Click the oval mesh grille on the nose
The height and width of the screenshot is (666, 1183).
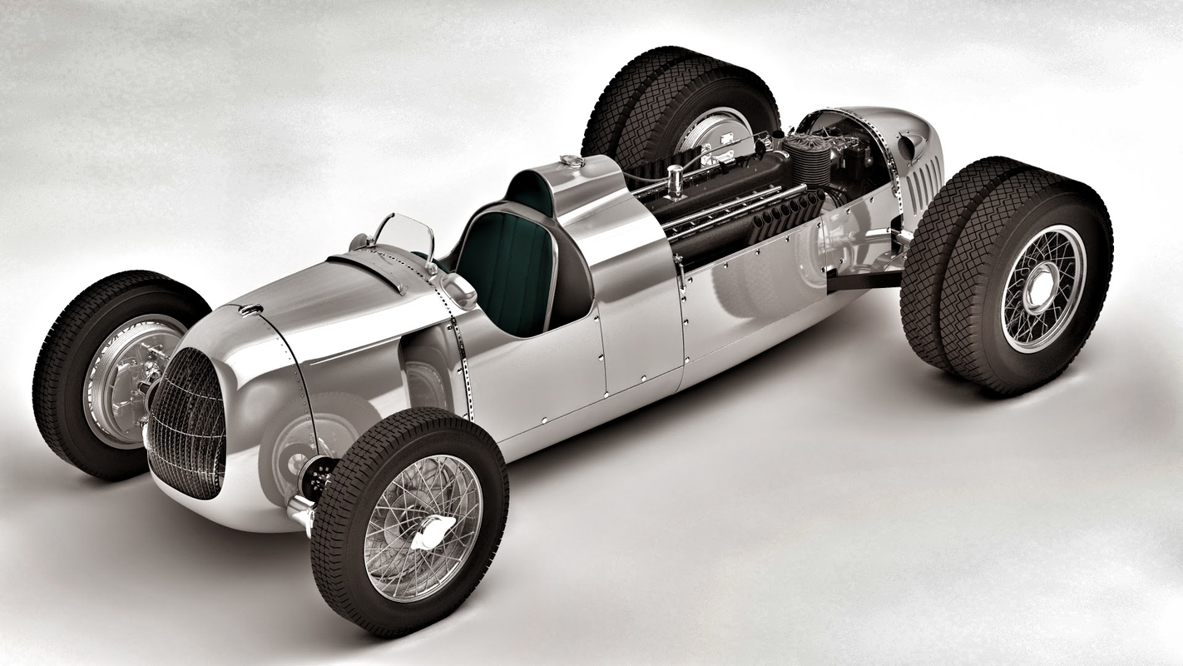[x=188, y=422]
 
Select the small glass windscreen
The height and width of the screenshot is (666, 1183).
[x=405, y=237]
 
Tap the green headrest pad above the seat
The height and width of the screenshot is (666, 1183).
[x=532, y=193]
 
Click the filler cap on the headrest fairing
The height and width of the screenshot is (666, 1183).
[x=572, y=161]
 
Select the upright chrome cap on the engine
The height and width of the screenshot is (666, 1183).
[x=675, y=180]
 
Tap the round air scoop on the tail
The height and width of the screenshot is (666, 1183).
[x=911, y=146]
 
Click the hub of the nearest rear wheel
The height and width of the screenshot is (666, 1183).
[x=1042, y=288]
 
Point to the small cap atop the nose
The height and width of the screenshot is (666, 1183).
[x=249, y=310]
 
